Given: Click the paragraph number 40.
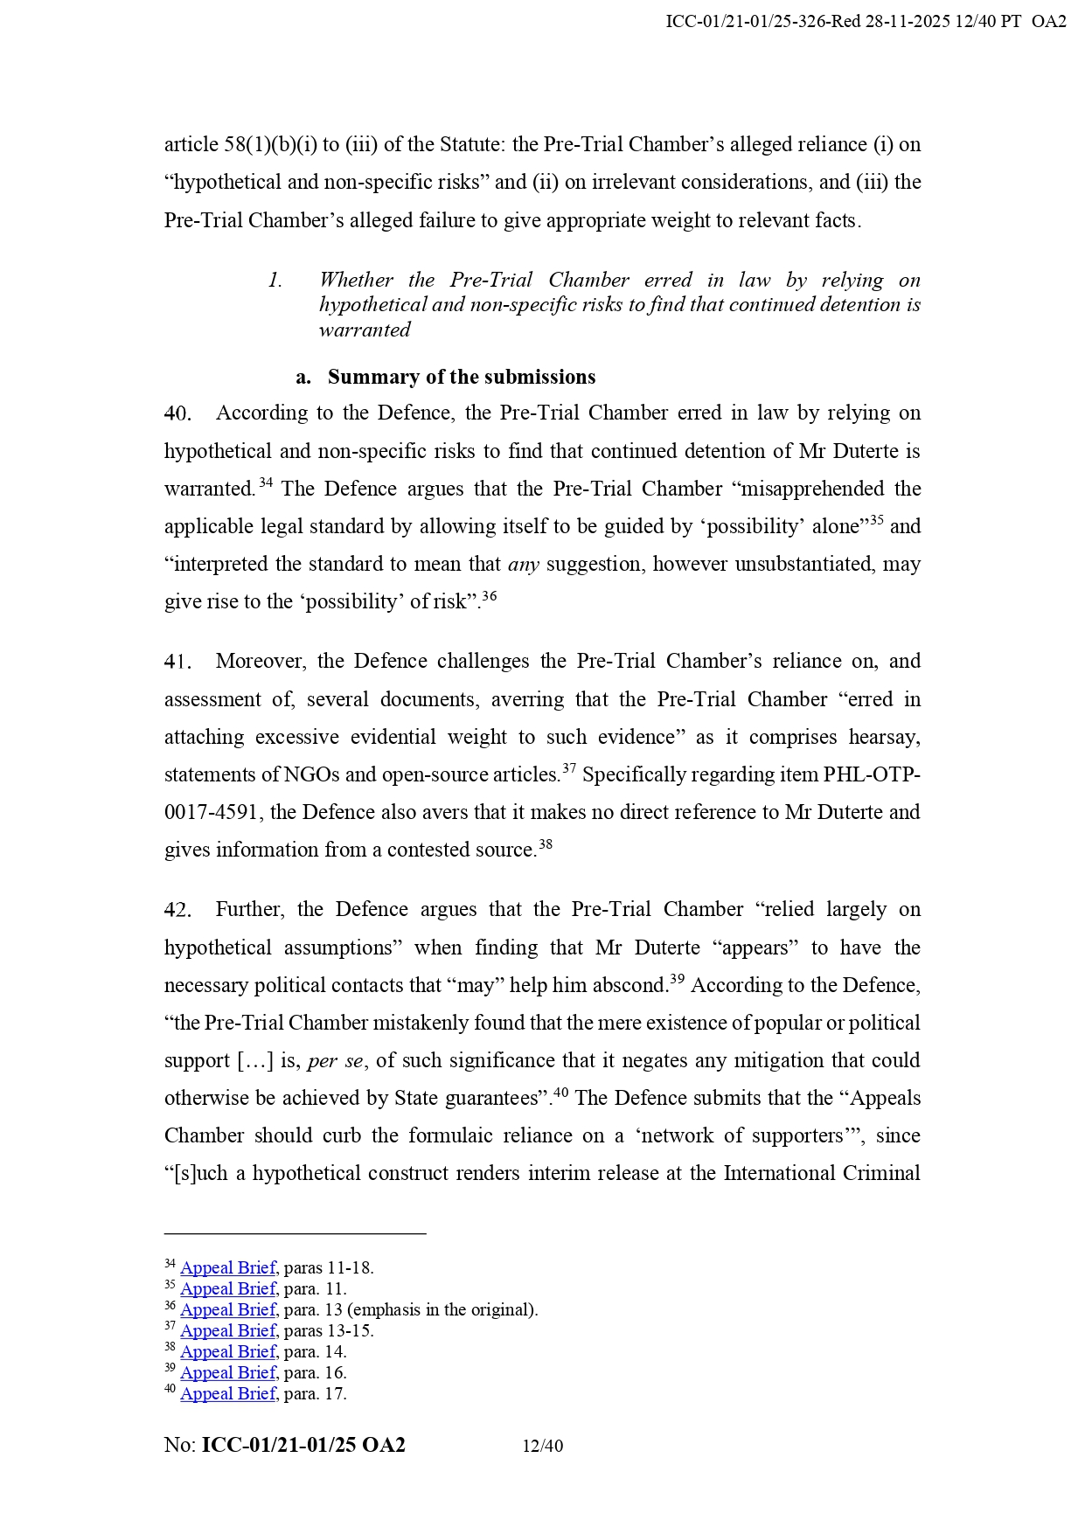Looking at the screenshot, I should (x=177, y=413).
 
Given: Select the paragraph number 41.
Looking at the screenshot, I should (x=177, y=662).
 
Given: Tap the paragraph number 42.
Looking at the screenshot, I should (x=177, y=910).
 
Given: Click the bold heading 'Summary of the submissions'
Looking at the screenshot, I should (x=462, y=377).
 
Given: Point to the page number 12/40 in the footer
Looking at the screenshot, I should (x=542, y=1447).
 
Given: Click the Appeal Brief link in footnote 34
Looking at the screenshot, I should (x=228, y=1268).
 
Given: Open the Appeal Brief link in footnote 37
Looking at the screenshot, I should (x=228, y=1331).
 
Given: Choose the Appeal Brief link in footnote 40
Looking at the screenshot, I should (x=228, y=1394).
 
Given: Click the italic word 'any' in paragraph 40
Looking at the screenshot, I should (x=523, y=565).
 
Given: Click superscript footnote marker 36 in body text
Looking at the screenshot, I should (x=490, y=596).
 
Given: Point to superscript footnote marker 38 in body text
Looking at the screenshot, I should (x=546, y=844).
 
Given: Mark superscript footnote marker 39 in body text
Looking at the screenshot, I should (x=677, y=980).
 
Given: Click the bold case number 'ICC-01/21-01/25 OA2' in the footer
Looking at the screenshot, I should (x=303, y=1446).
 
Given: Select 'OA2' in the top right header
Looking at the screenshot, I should (x=1048, y=22).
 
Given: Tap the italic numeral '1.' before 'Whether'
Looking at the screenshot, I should (x=275, y=281).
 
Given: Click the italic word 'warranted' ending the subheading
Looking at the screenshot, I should (x=365, y=330).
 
